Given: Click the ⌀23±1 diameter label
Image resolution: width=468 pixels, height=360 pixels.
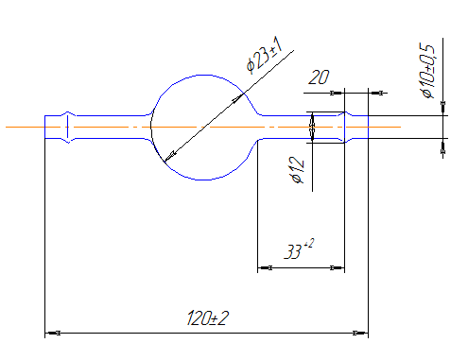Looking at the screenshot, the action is pyautogui.click(x=264, y=55).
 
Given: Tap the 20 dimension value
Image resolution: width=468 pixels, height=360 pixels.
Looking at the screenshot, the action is pyautogui.click(x=319, y=77).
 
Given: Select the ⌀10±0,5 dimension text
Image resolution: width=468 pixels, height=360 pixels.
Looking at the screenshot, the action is pyautogui.click(x=427, y=71).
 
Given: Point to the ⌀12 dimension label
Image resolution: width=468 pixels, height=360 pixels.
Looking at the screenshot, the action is pyautogui.click(x=297, y=170).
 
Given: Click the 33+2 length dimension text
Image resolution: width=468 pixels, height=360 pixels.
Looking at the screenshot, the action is pyautogui.click(x=299, y=249).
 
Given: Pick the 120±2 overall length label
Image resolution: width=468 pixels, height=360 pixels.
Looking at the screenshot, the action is pyautogui.click(x=208, y=318).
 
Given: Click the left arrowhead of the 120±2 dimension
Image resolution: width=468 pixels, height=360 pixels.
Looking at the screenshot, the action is pyautogui.click(x=53, y=333).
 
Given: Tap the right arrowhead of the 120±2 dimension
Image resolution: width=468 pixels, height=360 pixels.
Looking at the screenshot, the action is pyautogui.click(x=360, y=333).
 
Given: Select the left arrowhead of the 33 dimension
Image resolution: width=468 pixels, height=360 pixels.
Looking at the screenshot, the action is pyautogui.click(x=265, y=268).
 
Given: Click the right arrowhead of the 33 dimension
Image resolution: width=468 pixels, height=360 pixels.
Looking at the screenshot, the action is pyautogui.click(x=337, y=268).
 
